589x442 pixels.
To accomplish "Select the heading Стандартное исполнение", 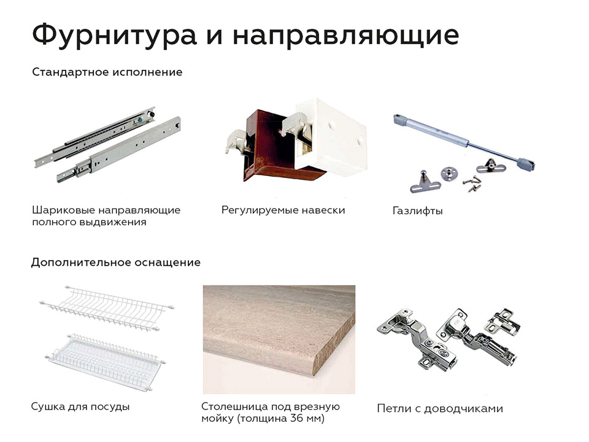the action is tap(107, 72).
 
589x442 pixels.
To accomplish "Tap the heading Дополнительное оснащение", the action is tap(116, 262).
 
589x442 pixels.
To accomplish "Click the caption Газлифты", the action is tap(417, 211).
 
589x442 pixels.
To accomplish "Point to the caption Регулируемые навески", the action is tap(283, 210).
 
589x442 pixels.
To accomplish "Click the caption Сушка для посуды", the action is tap(80, 406).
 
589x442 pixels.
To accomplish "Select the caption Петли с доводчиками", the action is tap(440, 409).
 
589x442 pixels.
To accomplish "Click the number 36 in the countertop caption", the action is tap(297, 418).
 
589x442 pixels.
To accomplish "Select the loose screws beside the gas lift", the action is tap(472, 183).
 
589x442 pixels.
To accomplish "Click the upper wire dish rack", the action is tap(107, 308).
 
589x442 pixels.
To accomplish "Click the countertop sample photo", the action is tap(279, 339).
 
